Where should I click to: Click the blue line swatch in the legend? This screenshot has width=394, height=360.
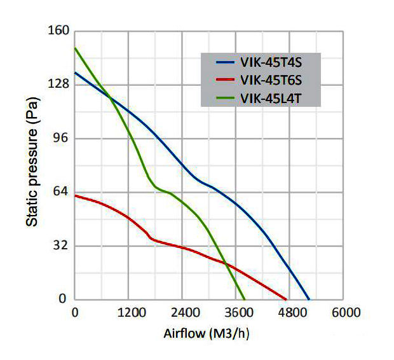point(226,63)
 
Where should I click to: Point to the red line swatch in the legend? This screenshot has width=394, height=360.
point(226,81)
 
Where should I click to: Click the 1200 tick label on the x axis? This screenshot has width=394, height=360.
point(128,313)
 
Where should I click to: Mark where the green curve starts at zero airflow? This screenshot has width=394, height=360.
point(75,48)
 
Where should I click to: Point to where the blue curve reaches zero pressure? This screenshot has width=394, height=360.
point(309,300)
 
